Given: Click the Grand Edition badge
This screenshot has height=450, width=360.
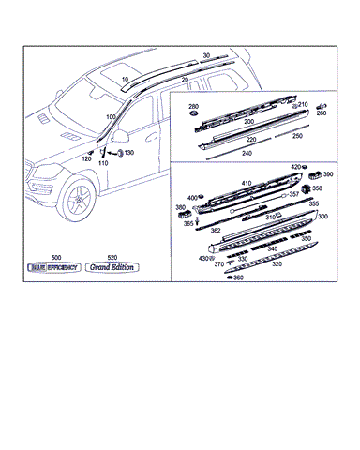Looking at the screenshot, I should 112,267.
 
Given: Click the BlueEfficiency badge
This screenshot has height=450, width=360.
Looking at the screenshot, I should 55,267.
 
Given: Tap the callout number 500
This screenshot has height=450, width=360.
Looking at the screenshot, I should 55,256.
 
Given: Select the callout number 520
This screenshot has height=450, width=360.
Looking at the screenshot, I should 112,256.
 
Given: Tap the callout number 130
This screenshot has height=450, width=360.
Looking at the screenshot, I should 128,153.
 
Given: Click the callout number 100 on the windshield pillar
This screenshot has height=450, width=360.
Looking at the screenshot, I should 111,116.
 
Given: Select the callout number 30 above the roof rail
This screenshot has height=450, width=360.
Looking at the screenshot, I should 206,55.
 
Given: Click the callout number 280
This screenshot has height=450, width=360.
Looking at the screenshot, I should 194,107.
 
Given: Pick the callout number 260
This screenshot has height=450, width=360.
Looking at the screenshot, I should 322,124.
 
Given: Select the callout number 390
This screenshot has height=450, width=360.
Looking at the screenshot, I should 327,175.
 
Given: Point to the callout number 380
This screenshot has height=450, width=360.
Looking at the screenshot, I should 180,207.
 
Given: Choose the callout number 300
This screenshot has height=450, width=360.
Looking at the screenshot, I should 322,217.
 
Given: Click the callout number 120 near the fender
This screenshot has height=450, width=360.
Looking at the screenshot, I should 86,159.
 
